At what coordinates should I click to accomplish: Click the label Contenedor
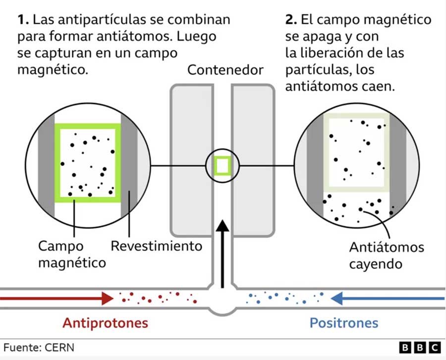225,70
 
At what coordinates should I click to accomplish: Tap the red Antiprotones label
106,323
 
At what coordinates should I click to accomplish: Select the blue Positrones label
344,323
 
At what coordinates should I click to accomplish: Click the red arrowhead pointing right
108,299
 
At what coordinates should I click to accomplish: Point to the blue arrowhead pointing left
337,299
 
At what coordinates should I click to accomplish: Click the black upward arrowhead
223,226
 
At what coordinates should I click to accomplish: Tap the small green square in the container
223,166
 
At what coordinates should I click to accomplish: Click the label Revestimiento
157,246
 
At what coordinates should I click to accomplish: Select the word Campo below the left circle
61,246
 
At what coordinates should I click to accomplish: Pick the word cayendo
376,264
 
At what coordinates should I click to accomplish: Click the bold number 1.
23,20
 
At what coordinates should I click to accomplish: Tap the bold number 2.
291,20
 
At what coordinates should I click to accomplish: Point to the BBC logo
420,348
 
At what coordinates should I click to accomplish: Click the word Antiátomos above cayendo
387,247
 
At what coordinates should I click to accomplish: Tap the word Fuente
22,348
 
